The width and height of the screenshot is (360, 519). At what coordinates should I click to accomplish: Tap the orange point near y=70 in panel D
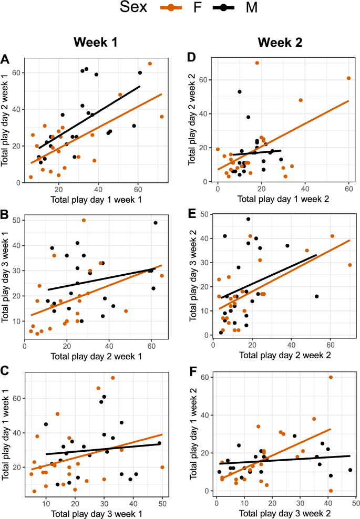click(257, 63)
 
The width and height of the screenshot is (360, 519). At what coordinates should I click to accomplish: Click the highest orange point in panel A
click(150, 64)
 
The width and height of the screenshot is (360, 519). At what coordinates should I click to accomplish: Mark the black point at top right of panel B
click(156, 223)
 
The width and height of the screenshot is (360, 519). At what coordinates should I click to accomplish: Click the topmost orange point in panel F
click(331, 377)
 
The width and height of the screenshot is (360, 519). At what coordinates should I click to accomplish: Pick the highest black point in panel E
click(248, 219)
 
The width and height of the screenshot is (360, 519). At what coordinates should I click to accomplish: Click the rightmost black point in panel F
click(350, 470)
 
